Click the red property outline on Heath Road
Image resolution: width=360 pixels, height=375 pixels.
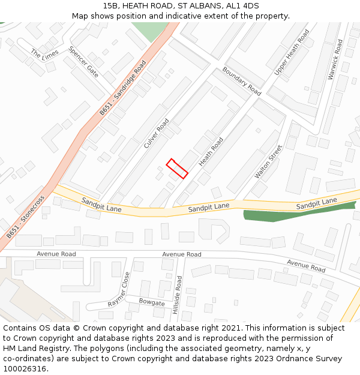[177, 168]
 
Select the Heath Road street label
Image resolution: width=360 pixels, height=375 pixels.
[211, 152]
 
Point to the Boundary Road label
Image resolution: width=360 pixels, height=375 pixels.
[242, 81]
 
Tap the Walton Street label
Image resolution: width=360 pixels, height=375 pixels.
[268, 161]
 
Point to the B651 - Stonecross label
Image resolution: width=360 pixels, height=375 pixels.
[25, 217]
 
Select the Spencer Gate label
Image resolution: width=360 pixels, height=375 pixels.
[83, 62]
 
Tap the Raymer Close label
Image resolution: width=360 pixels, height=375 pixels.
[119, 290]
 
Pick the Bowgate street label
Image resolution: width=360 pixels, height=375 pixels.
[152, 302]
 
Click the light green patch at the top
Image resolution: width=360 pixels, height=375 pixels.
[150, 30]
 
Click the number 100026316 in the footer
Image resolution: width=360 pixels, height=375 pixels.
[25, 369]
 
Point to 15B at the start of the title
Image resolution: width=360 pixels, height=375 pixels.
[110, 6]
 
